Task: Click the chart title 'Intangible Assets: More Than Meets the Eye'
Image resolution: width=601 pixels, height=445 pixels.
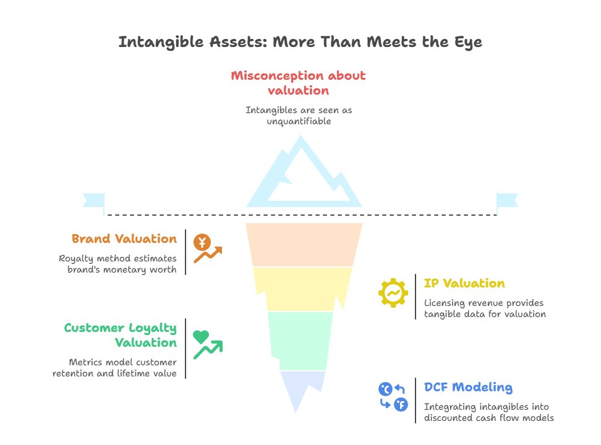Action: [300, 42]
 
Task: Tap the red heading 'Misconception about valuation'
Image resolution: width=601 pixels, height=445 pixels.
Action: [299, 83]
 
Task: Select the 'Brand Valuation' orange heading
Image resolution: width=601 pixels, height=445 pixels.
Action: [124, 239]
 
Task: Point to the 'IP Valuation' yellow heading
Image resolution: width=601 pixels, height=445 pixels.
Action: [464, 284]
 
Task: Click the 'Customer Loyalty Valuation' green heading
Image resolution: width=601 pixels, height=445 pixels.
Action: [121, 335]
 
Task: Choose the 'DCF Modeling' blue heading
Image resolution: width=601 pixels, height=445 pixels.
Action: [468, 388]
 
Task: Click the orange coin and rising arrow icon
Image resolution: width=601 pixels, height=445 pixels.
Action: [207, 248]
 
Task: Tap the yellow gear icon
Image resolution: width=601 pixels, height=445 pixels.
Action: [393, 293]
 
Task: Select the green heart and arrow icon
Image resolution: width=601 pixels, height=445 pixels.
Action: [207, 345]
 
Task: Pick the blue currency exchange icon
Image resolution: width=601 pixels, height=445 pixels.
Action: [393, 397]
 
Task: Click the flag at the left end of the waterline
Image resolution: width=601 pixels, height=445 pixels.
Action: [93, 201]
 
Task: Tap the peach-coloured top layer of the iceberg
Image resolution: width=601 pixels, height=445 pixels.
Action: [304, 245]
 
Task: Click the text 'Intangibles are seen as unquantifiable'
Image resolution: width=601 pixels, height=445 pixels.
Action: [299, 116]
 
